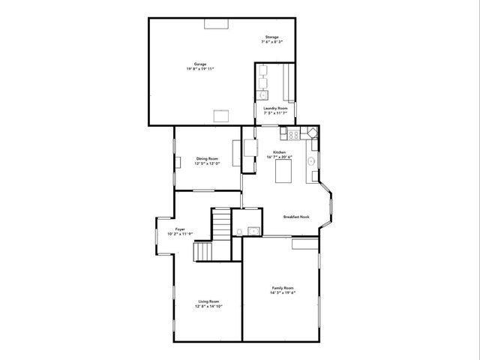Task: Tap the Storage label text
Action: coord(271,37)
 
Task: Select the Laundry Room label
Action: coord(275,108)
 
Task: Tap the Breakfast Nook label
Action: coord(295,217)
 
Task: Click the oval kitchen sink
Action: coord(311,160)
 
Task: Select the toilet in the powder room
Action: coord(238,230)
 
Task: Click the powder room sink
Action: coord(253,229)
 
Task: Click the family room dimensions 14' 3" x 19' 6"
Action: coord(283,292)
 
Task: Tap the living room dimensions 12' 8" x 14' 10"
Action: coord(208,306)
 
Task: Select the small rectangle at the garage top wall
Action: coord(216,24)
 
